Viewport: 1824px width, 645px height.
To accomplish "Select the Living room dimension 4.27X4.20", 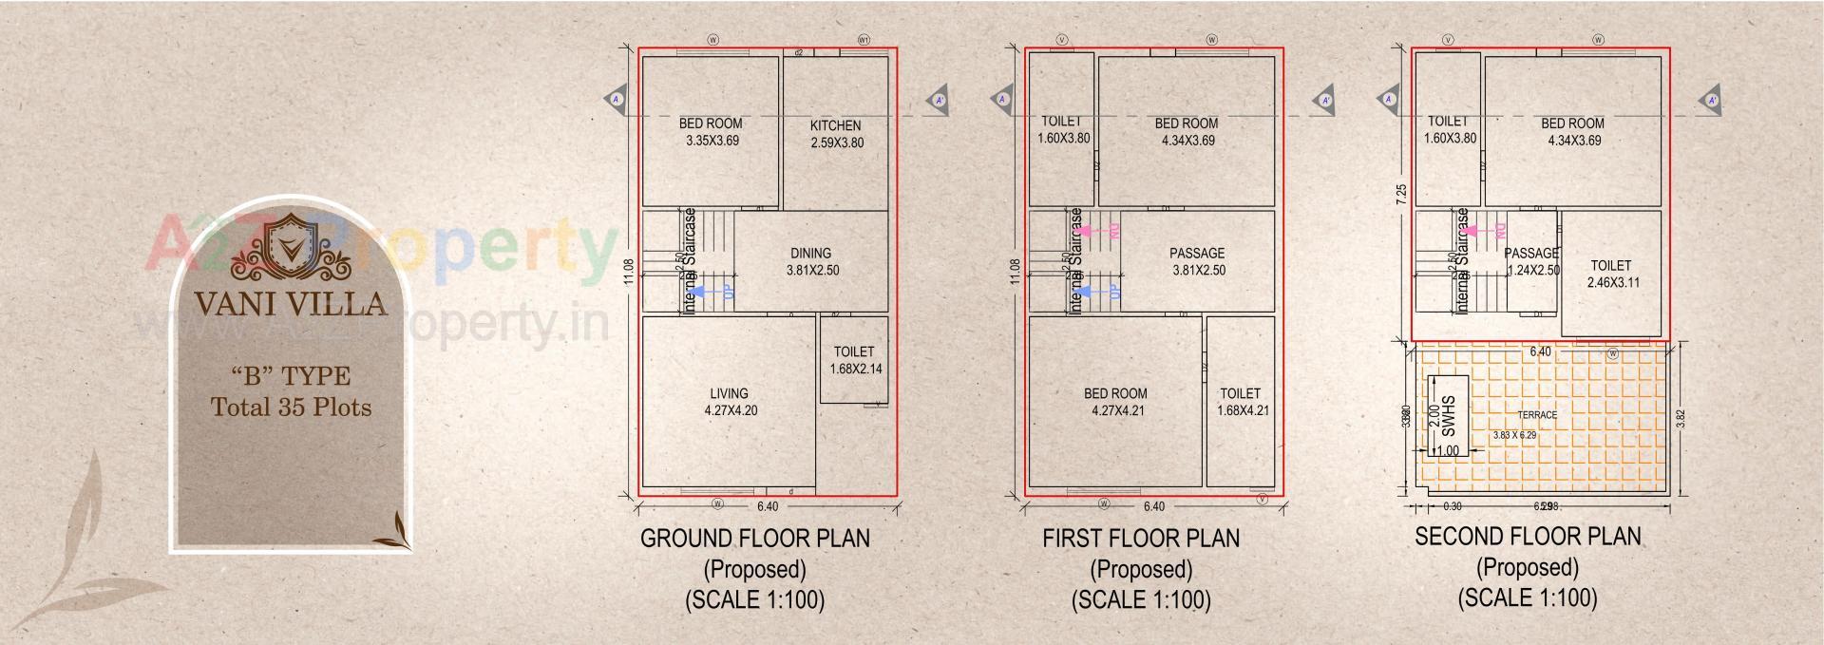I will coord(731,410).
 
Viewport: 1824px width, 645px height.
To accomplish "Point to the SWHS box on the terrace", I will coord(1448,415).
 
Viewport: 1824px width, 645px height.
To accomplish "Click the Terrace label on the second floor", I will coord(1536,415).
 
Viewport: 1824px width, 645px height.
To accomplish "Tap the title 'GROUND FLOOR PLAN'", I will coord(754,539).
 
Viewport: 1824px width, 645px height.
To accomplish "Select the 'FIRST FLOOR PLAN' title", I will coord(1140,539).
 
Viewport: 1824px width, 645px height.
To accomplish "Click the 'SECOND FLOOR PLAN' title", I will coord(1527,537).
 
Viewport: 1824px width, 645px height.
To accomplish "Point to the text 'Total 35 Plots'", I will coord(291,408).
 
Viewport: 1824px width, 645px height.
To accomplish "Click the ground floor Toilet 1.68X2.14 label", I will coord(855,360).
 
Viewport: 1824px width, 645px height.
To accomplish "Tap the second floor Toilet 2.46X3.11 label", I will coord(1612,274).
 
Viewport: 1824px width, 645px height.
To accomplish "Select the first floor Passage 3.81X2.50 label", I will coord(1197,261).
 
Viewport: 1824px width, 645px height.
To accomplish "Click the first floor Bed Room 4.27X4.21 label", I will coord(1116,402).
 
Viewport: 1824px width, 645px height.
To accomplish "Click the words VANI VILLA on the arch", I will coord(291,304).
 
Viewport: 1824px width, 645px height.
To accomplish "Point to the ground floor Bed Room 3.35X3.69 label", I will coord(712,132).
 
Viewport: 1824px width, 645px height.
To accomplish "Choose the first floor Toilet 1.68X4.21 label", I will coord(1241,402).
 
